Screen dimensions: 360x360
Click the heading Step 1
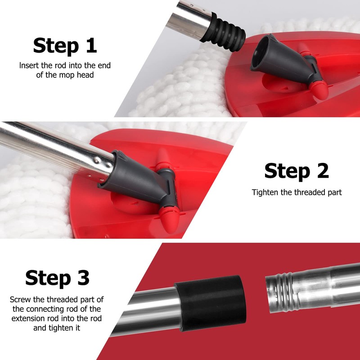(65, 45)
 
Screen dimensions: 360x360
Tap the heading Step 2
(297, 171)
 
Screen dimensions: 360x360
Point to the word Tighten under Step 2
(265, 192)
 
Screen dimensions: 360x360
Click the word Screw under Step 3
(21, 299)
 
